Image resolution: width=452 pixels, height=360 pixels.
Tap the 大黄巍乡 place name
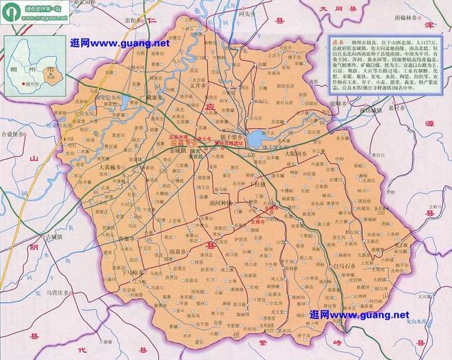[109, 167]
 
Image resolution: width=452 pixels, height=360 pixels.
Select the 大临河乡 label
[297, 153]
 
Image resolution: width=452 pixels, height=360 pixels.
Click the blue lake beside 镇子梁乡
[256, 137]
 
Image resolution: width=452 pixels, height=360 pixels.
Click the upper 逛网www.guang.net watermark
[119, 44]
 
